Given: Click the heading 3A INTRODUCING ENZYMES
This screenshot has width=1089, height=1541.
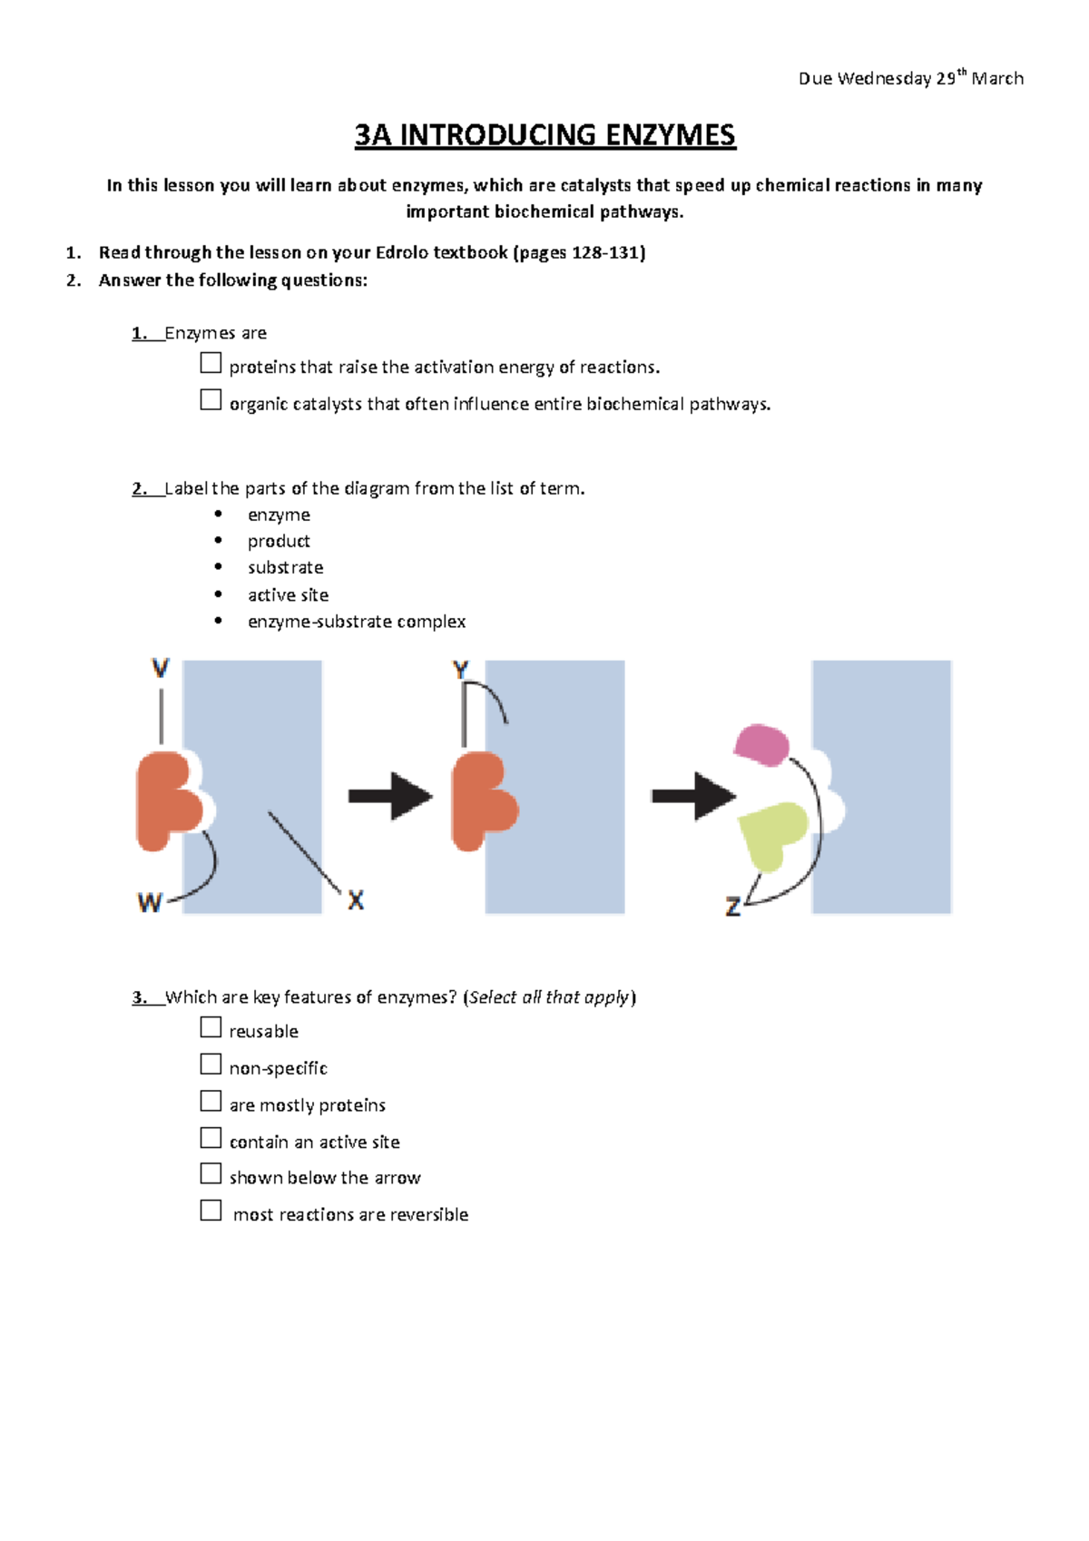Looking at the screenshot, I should coord(544,135).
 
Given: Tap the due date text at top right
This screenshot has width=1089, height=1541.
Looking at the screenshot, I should coord(910,78).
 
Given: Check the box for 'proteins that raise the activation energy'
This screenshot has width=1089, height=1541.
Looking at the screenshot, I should coord(211,363).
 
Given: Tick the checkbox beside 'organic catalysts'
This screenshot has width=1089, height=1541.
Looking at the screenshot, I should coord(211,400).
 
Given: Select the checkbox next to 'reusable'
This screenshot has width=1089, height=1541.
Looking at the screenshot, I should coord(211,1027).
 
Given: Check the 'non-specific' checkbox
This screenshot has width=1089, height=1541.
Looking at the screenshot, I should coord(211,1064).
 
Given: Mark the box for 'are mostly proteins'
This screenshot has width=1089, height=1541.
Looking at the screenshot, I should coord(211,1101).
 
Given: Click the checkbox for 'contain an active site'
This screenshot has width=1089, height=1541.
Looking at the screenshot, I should coord(211,1138).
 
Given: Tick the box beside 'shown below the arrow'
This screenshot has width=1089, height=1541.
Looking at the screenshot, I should coord(211,1173).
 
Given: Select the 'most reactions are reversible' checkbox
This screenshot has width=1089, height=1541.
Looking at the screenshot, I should coord(211,1211).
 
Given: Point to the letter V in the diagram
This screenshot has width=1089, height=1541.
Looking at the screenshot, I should coord(161,669).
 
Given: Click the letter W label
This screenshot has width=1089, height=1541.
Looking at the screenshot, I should coord(150,902).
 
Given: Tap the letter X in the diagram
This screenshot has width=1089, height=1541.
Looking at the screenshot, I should coord(356,900).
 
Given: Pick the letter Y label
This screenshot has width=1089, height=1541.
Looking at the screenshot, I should coord(460,671).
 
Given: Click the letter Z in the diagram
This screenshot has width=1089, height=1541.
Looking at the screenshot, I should coord(733,906).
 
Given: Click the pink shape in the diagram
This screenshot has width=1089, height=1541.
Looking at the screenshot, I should coord(760,744).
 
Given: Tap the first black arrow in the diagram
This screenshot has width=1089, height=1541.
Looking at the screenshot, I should coord(390,796).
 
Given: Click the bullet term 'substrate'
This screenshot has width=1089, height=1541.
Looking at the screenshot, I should coord(285,567).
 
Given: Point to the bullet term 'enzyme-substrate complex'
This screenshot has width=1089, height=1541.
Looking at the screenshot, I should coord(356,622).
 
